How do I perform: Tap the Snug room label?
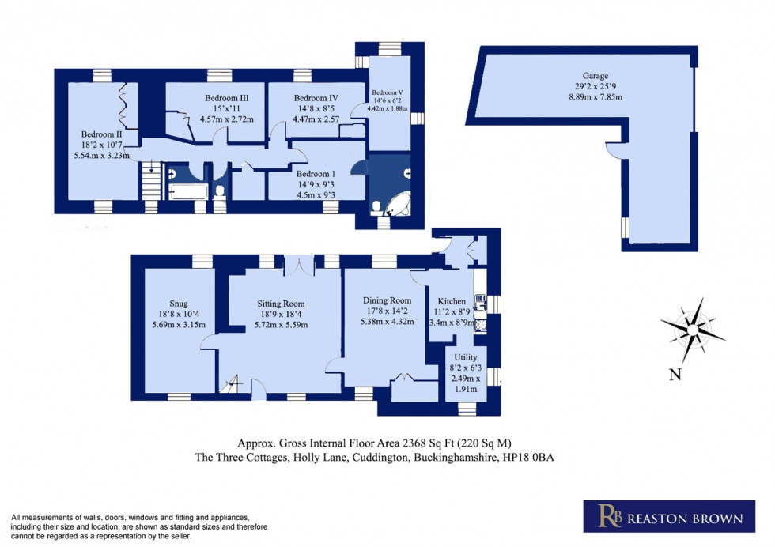point(178,303)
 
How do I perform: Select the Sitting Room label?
point(281,304)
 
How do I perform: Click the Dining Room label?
point(387,300)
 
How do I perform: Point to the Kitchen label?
point(451,301)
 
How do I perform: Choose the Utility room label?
point(464,357)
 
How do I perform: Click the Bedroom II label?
point(100,134)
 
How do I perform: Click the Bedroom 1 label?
point(315,174)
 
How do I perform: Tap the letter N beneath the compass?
point(675,375)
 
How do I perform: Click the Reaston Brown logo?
point(663,519)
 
